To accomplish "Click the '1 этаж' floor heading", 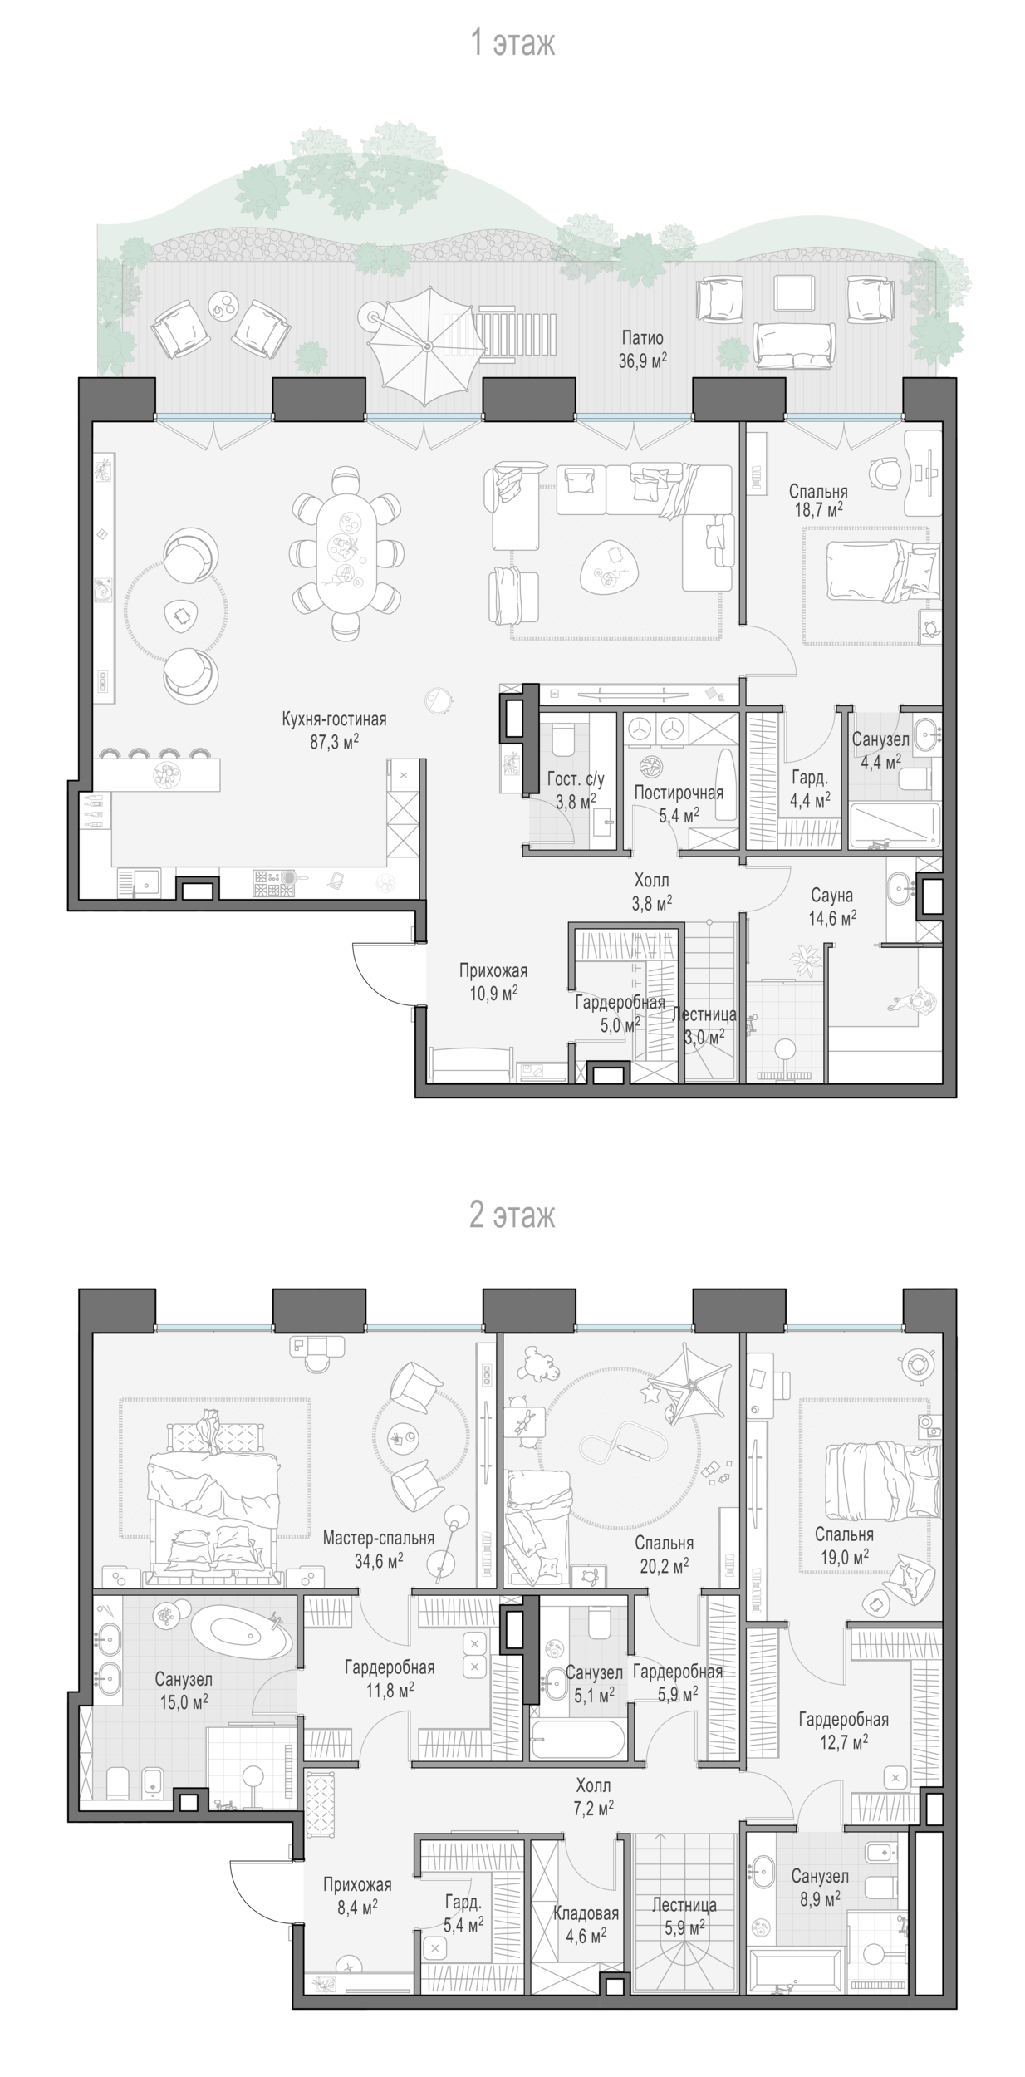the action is coord(512,43).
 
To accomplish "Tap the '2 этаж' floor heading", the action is coord(512,1215).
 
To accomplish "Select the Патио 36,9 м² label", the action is coord(643,349).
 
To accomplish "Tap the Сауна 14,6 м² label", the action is coord(831,906).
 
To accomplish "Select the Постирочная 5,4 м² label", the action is coord(679,803).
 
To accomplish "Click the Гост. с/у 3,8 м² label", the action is coord(576,790).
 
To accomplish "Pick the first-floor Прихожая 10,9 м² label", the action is coord(493,981).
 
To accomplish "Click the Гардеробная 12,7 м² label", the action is coord(843,1730).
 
